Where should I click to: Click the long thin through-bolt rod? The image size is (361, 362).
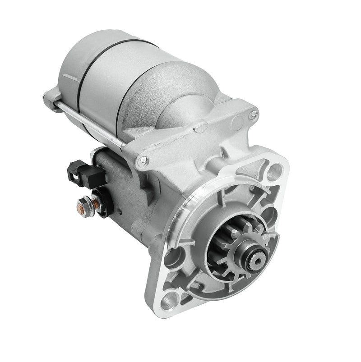coord(90,124)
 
